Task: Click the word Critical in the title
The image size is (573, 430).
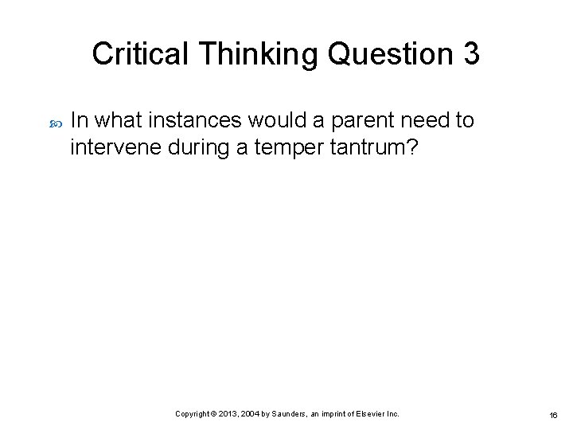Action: click(141, 54)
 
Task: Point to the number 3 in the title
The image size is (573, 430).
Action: click(470, 54)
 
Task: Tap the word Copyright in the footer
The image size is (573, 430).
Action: click(193, 414)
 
